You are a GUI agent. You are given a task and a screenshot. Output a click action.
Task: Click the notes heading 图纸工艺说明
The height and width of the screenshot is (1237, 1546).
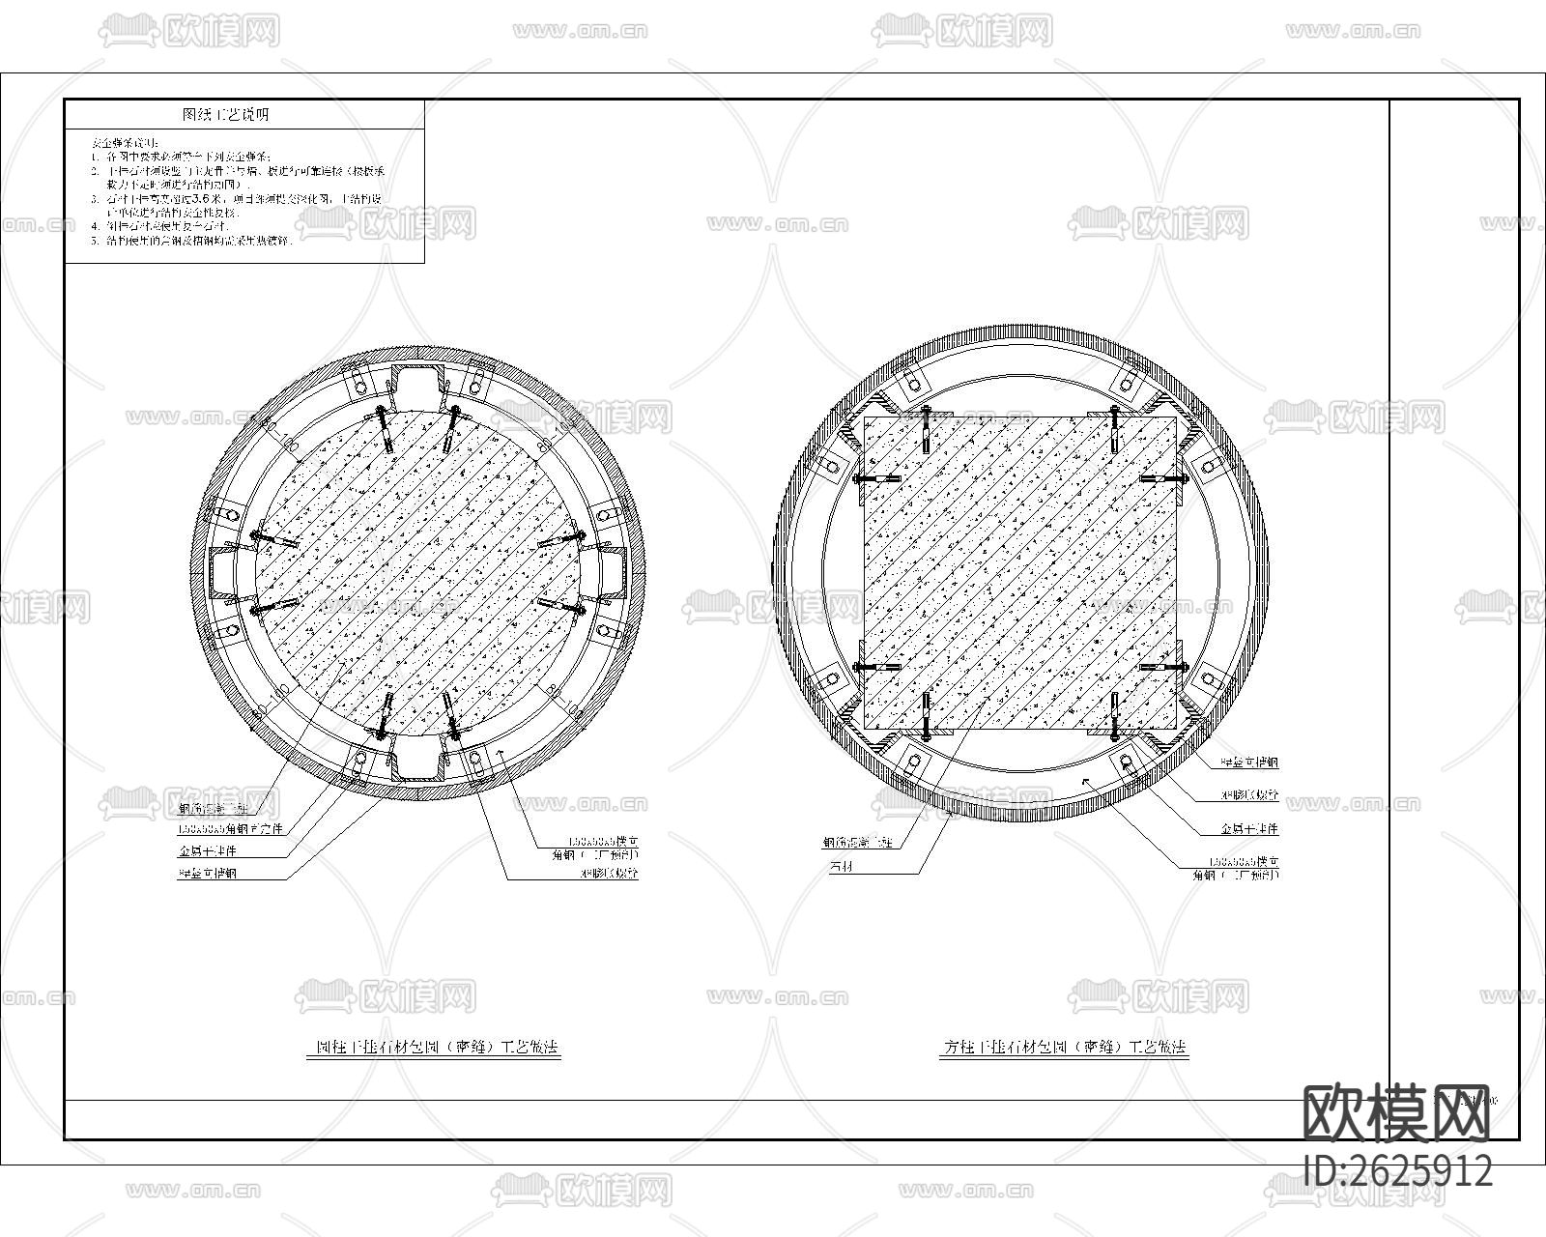[x=226, y=114]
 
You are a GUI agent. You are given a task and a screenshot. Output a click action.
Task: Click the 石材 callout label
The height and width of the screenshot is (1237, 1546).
[x=841, y=867]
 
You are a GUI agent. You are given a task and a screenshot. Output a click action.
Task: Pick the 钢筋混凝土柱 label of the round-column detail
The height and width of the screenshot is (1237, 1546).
[x=214, y=808]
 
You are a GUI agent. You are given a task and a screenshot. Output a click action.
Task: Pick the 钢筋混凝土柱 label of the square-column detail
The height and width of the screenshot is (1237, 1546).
[x=857, y=843]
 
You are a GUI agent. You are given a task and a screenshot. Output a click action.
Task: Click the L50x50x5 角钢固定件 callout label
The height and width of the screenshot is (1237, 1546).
[x=229, y=829]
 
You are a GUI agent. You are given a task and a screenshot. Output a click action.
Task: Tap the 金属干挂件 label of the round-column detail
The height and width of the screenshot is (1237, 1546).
[x=207, y=851]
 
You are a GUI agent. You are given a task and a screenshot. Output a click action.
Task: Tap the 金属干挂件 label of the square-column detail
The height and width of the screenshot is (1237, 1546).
[x=1249, y=829]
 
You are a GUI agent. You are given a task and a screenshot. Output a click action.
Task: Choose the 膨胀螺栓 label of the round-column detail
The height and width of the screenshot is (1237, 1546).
[x=609, y=874]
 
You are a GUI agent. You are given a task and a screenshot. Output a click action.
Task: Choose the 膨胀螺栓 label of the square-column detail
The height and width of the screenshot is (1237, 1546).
[x=1249, y=795]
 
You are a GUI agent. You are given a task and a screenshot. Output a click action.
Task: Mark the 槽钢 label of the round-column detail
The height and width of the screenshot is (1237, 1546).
[x=207, y=874]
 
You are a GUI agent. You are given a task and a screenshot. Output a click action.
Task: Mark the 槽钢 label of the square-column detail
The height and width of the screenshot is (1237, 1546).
[x=1249, y=762]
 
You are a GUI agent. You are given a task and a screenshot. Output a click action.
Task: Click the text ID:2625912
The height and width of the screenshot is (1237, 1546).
[x=1398, y=1171]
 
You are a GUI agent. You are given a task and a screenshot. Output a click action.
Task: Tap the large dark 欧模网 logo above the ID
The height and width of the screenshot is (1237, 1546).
[x=1398, y=1113]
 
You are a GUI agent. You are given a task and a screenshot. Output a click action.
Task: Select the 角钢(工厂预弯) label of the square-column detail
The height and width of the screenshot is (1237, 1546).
[x=1236, y=875]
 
